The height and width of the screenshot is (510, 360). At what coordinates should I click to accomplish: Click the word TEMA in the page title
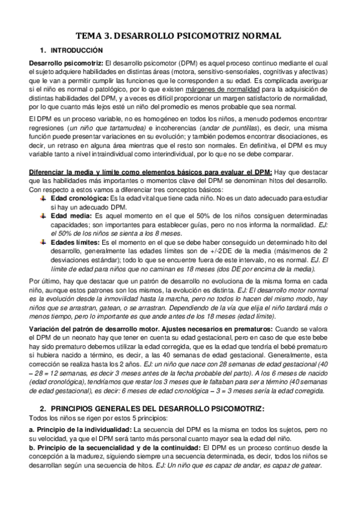click(93, 36)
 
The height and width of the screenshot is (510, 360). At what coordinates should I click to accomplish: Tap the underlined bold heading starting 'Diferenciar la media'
click(150, 172)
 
